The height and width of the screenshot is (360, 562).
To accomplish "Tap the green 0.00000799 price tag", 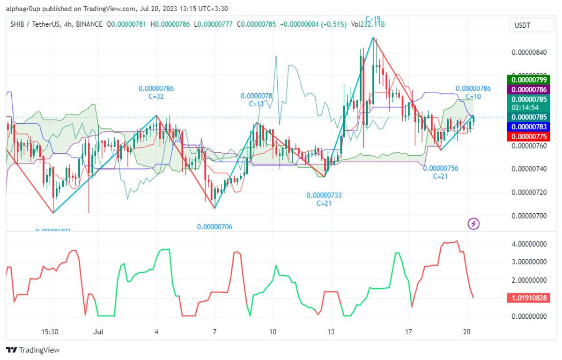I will pos(528,80).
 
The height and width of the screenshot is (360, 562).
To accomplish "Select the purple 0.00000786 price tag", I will pos(528,89).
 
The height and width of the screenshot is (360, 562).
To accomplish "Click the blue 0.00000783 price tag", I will pos(528,127).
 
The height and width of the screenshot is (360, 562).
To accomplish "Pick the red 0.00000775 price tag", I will pos(528,136).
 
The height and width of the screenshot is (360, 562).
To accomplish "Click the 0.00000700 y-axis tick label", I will pos(530,216).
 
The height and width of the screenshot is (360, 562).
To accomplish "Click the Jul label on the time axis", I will pos(98,331).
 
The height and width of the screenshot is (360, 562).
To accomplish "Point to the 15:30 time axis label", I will pos(50,331).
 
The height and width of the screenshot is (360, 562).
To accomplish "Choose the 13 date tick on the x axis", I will pos(331,331).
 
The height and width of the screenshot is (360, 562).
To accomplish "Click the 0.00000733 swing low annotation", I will pos(324,195).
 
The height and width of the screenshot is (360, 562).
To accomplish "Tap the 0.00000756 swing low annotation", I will pos(440,168).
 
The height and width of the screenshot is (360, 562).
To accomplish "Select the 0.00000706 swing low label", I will pos(214,227).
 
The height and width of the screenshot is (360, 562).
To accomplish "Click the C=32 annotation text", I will pos(156,97).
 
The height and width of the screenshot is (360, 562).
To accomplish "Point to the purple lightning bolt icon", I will pos(474,224).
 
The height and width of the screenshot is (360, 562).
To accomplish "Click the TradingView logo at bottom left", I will pos(33,350).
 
